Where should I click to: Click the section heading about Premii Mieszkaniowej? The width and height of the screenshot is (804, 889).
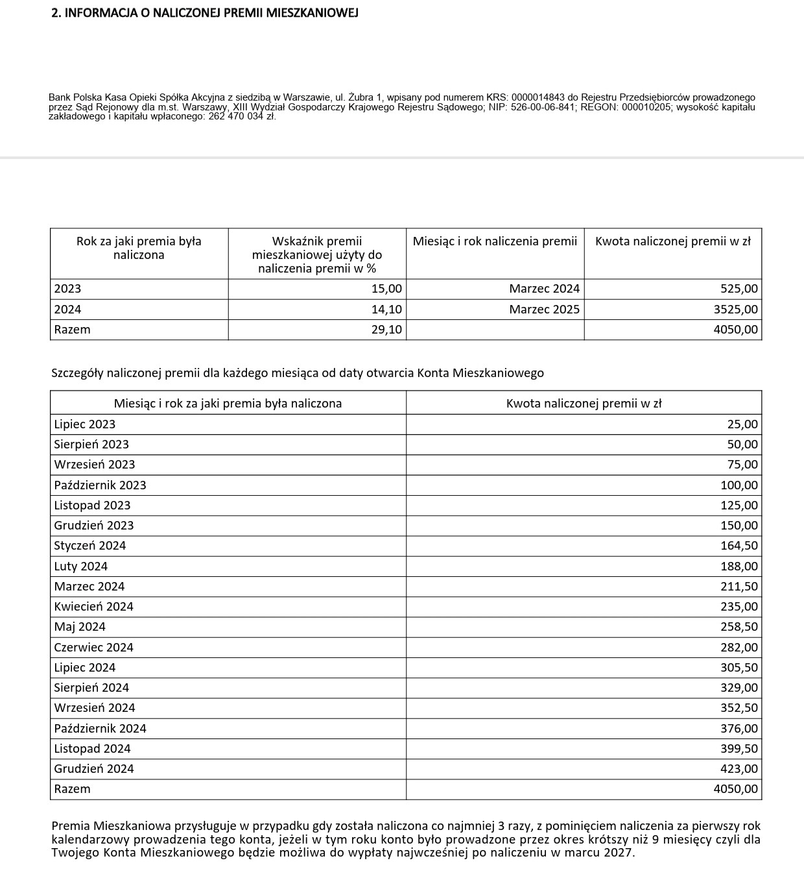(x=204, y=13)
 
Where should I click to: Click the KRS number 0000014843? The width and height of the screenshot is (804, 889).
(x=538, y=97)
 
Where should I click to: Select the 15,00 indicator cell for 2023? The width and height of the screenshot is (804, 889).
(x=386, y=289)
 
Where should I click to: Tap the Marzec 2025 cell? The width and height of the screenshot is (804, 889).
(x=544, y=309)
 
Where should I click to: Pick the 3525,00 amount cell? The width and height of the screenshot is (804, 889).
(x=735, y=309)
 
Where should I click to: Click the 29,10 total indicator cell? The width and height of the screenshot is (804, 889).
(x=386, y=330)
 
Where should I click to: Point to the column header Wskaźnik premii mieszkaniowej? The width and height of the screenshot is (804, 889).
(x=317, y=254)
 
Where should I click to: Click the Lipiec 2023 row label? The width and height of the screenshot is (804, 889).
(x=85, y=424)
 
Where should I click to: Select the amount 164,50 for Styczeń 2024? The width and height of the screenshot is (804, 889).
(x=739, y=546)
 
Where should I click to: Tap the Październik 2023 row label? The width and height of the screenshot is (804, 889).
(x=100, y=485)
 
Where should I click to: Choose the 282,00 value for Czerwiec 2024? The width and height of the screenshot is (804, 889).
(x=739, y=647)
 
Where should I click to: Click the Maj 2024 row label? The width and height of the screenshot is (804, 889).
(x=80, y=627)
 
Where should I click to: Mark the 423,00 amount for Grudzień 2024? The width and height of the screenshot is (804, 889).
(x=739, y=769)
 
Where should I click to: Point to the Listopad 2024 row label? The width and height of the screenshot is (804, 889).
(x=92, y=749)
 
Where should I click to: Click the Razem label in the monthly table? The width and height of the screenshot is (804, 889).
(x=72, y=789)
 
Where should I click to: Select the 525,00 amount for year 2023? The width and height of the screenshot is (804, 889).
(x=739, y=289)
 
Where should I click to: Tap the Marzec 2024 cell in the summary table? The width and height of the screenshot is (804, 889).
(x=544, y=289)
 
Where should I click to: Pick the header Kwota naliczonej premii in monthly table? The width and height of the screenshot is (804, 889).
(x=584, y=404)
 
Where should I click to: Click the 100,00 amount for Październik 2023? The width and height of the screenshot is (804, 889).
(x=739, y=485)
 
